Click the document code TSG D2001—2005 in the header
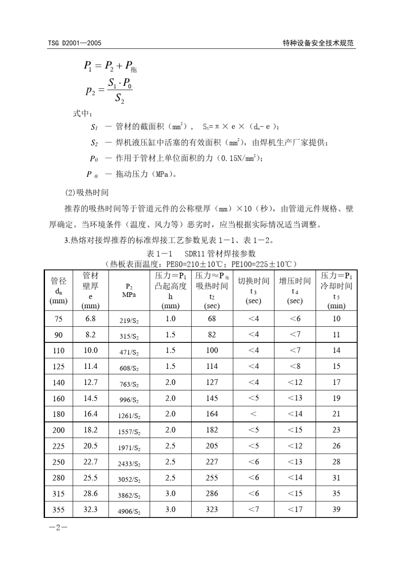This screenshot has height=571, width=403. pos(75,43)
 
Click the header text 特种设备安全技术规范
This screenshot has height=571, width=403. pos(318,43)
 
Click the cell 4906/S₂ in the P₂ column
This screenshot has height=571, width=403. pos(129,511)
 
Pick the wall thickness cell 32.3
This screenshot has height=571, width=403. pos(90,509)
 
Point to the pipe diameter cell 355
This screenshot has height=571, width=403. pos(59,509)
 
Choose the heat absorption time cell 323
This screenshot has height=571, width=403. pos(212,509)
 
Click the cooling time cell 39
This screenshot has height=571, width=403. pos(336,509)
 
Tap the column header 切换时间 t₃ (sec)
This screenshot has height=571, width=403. pos(253,291)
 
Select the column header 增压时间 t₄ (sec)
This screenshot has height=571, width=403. pos(295,291)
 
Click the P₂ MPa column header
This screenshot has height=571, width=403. pos(129,291)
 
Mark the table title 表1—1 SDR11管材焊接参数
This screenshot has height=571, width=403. pos(201,254)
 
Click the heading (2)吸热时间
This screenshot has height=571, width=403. pos(87,192)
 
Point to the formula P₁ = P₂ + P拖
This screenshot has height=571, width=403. pos(110,66)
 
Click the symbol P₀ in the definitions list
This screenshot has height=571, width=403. pos(94,158)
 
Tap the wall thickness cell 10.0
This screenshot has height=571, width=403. pos(90,350)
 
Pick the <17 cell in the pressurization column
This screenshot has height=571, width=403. pos(295,509)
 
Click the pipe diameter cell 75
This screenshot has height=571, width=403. pos(59,319)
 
